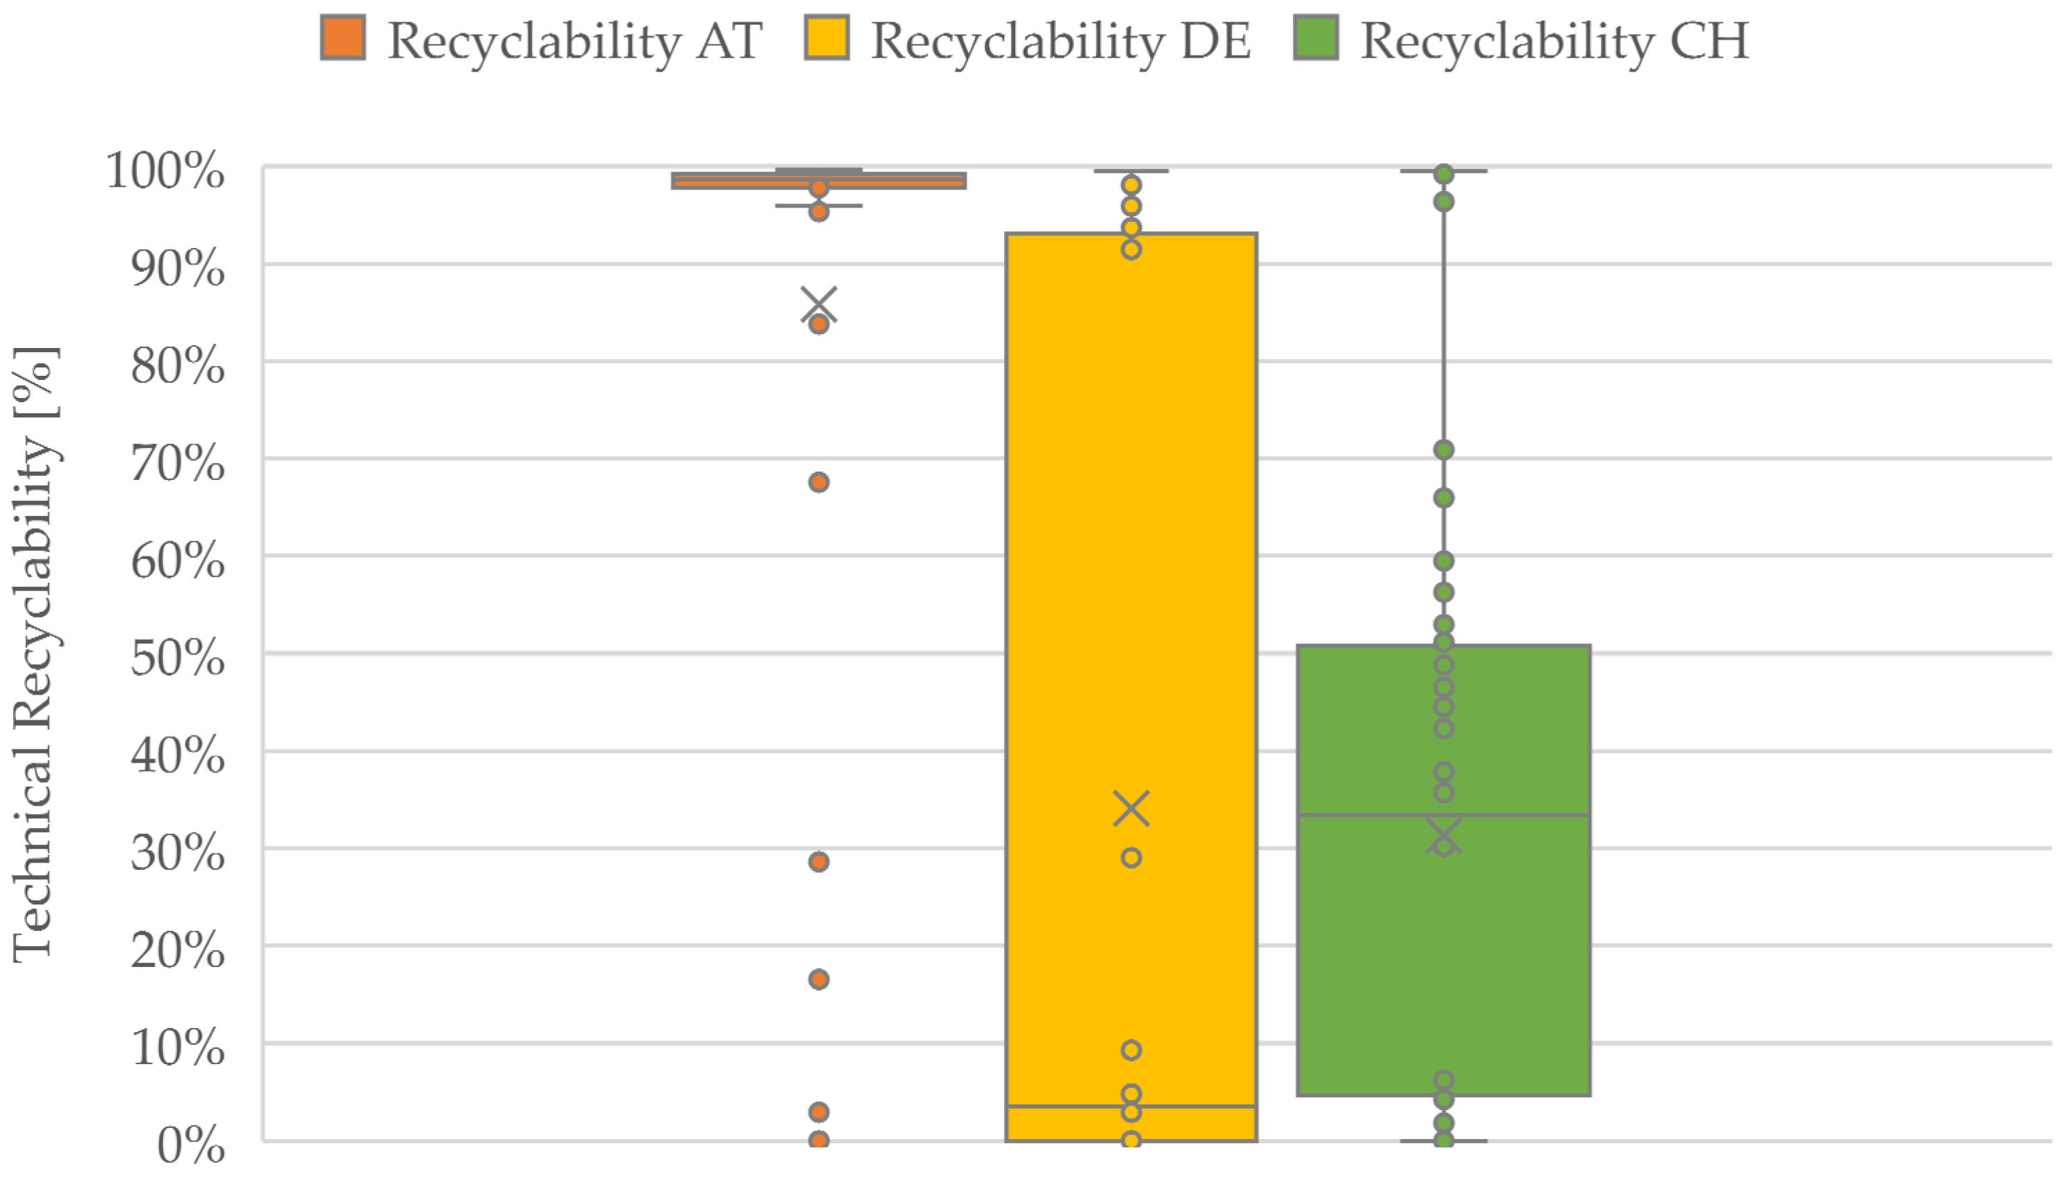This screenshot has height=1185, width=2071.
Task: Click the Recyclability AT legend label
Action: click(x=574, y=41)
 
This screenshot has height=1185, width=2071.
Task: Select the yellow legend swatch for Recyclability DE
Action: click(x=826, y=38)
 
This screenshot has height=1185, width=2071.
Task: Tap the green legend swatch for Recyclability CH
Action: click(x=1316, y=38)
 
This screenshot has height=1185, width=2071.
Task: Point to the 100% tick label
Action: click(x=165, y=172)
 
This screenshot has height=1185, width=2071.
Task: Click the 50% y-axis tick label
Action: click(x=177, y=658)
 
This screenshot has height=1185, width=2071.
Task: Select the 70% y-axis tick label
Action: click(x=177, y=464)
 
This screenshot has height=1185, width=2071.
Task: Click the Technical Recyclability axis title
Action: click(x=34, y=655)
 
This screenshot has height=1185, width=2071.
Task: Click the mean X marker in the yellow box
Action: click(x=1131, y=809)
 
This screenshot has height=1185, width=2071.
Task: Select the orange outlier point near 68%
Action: click(x=819, y=483)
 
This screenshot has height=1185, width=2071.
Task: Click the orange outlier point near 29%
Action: click(x=819, y=862)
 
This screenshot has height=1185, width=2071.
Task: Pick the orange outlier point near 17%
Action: click(x=819, y=979)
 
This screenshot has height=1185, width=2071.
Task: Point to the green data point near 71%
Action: click(x=1444, y=450)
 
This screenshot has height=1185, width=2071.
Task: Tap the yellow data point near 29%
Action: click(x=1131, y=858)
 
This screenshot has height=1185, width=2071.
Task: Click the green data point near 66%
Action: click(x=1444, y=498)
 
